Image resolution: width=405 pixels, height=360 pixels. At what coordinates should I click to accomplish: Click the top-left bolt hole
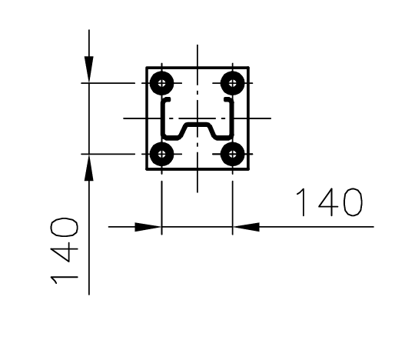pos(161,82)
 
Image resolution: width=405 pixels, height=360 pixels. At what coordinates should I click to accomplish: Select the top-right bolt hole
pos(233,82)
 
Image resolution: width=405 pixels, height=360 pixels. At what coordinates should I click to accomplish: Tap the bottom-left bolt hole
pos(161,154)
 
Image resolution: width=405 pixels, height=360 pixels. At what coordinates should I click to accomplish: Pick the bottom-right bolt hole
pos(233,154)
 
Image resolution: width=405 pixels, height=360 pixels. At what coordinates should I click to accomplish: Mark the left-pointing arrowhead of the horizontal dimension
pos(246,227)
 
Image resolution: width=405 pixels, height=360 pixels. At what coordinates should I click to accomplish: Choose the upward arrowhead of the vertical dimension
pos(89,169)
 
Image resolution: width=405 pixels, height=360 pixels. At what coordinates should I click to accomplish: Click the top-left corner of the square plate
pos(147,67)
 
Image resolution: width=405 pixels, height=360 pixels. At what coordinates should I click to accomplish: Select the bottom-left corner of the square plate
pos(147,168)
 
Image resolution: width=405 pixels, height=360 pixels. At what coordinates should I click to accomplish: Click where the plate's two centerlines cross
pos(198,118)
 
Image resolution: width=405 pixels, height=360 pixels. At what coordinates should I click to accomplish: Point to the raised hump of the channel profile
pos(198,124)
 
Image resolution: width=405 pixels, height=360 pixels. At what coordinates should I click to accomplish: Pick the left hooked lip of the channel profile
pos(164,101)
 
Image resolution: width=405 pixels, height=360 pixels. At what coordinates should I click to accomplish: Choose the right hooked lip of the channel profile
pos(229,101)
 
